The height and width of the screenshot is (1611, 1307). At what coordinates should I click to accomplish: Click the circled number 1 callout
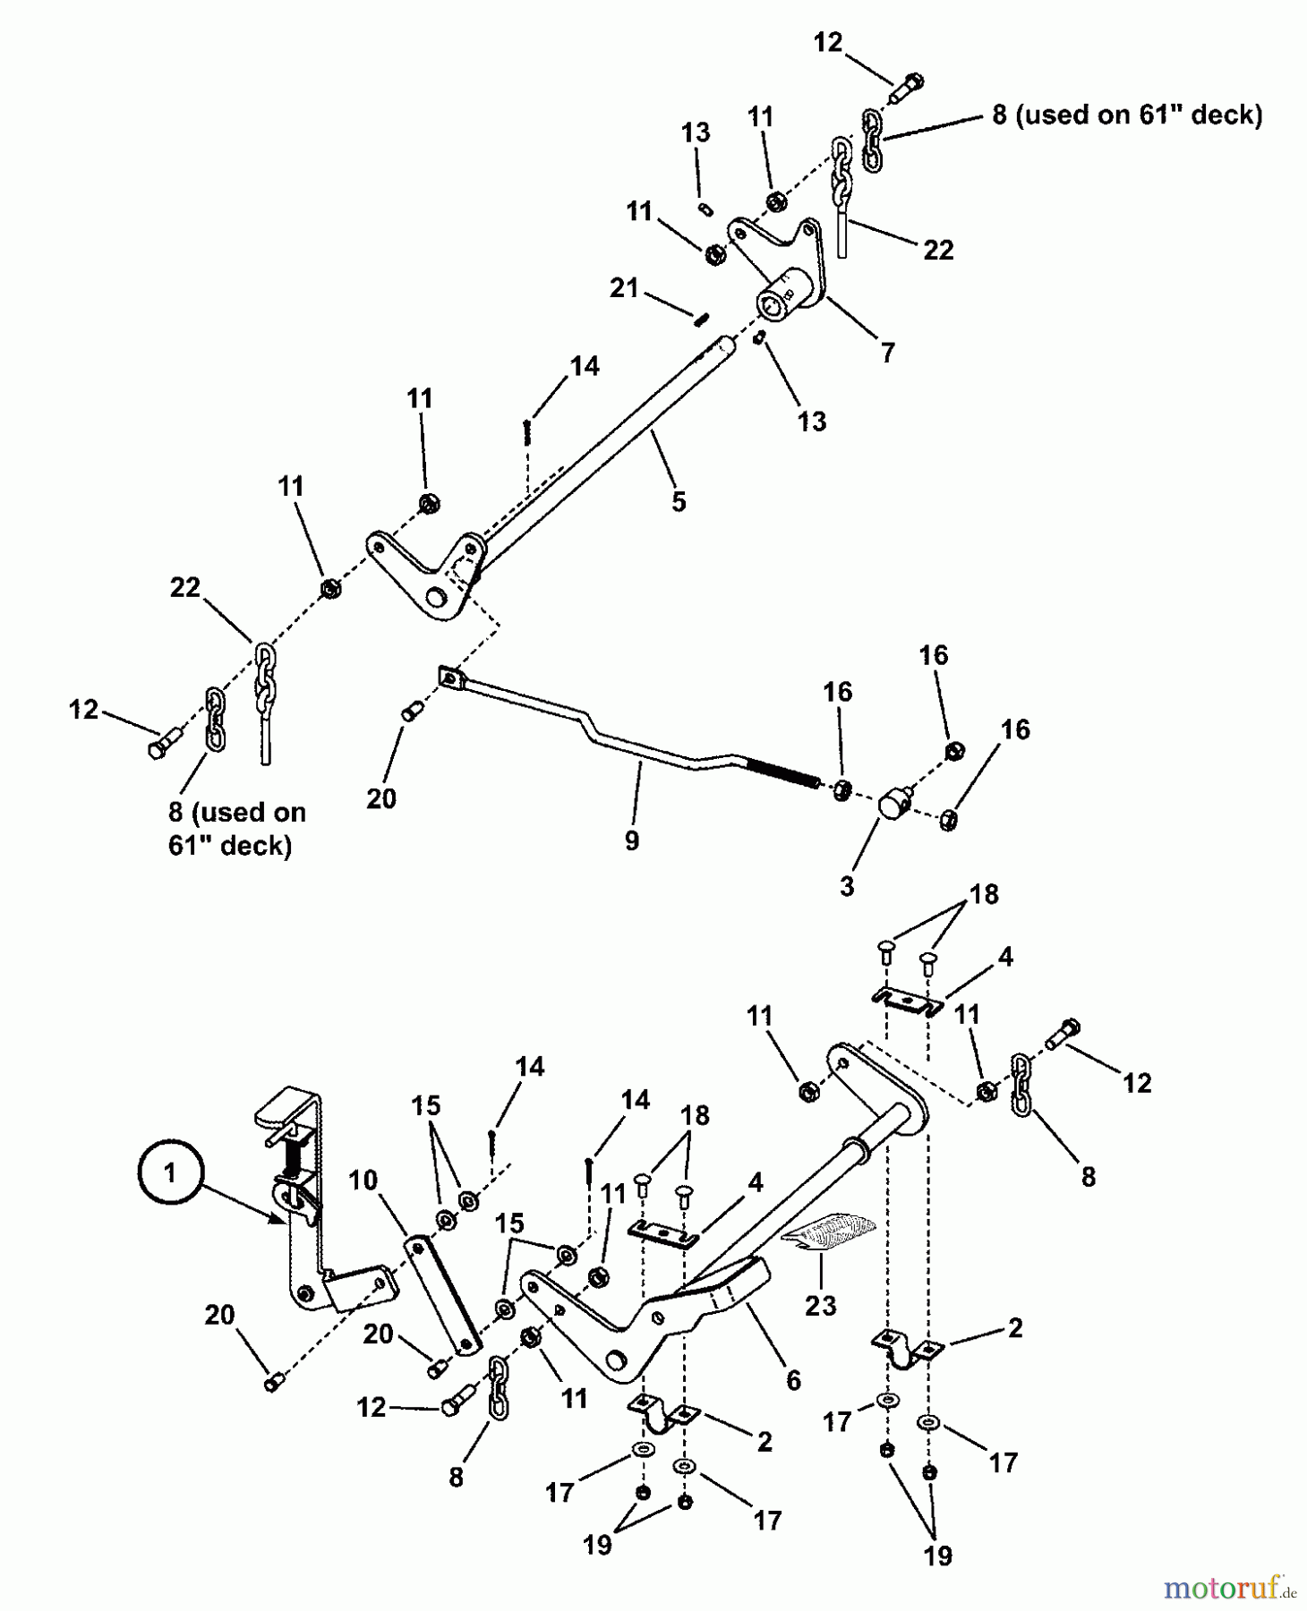[x=170, y=1172]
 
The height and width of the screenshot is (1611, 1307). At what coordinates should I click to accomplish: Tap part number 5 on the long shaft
[x=679, y=502]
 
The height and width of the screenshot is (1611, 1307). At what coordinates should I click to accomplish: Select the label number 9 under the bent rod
[x=632, y=840]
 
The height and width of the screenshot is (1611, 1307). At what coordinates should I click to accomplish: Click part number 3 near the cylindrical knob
[x=847, y=886]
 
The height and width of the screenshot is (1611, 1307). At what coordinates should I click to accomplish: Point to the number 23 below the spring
[x=820, y=1305]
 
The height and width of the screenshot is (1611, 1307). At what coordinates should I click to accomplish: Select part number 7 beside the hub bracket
[x=887, y=353]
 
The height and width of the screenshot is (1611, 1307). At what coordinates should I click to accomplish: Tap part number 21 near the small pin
[x=624, y=288]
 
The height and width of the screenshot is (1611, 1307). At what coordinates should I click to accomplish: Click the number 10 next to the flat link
[x=363, y=1181]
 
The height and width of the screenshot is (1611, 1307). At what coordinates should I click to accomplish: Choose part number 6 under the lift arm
[x=793, y=1380]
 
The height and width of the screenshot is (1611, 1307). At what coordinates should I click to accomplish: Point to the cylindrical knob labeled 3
[x=894, y=801]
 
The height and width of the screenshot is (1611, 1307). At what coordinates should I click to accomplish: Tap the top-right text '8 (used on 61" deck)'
[x=1127, y=115]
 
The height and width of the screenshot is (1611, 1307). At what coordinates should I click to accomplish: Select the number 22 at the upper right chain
[x=938, y=250]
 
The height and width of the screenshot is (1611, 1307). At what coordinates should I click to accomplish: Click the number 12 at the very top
[x=828, y=42]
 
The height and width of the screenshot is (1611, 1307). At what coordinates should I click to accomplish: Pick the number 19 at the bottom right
[x=937, y=1556]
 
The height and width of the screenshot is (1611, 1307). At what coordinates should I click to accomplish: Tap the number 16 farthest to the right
[x=1015, y=729]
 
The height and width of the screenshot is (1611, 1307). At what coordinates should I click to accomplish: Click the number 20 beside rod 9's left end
[x=381, y=797]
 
